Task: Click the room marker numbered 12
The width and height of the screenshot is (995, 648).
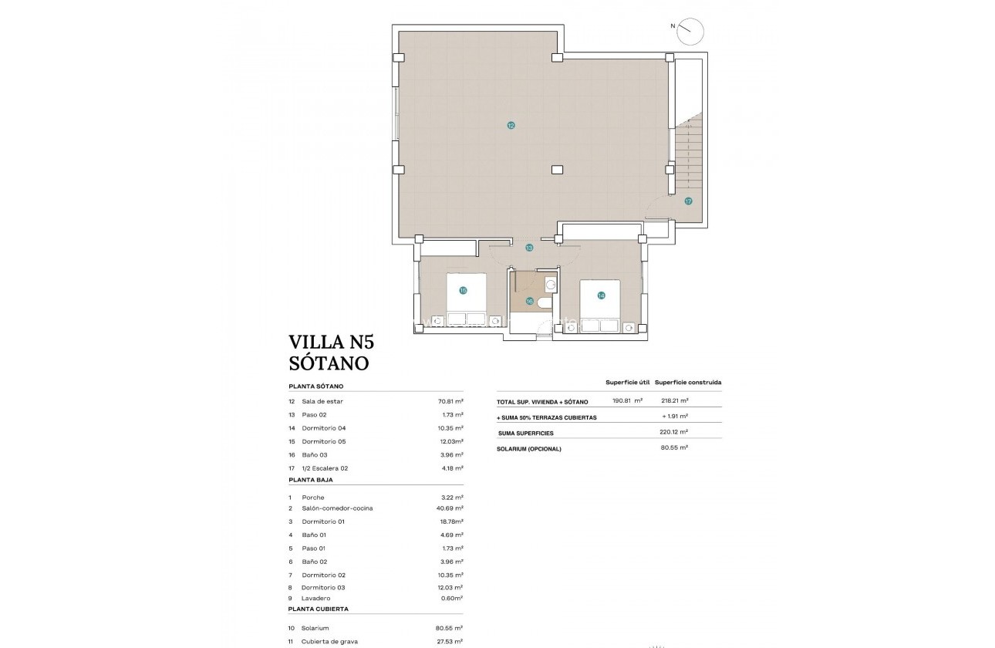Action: point(511,125)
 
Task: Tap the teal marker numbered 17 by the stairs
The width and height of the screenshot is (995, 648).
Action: point(688,201)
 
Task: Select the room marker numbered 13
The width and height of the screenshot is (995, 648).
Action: point(529,248)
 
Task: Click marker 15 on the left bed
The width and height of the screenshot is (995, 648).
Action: point(463,291)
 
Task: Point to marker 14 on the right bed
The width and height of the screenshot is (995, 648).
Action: point(601,295)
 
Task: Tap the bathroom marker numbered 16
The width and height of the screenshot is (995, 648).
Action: point(530,301)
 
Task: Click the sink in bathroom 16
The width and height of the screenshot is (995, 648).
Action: point(550,284)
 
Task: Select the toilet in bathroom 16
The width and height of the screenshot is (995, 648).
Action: point(545,302)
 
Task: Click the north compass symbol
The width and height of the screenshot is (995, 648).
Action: point(690,31)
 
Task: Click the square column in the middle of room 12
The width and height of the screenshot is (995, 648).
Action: point(557,170)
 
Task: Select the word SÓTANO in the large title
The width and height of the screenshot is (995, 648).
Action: point(329,363)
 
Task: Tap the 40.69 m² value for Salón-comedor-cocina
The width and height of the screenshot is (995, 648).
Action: point(450,508)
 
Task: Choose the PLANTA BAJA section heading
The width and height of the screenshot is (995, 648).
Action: point(311,480)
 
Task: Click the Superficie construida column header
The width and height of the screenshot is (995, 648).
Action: point(688,382)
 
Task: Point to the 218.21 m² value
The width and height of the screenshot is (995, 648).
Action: point(675,401)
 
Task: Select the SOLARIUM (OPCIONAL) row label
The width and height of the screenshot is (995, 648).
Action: point(529,449)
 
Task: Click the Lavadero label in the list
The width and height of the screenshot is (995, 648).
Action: point(316,598)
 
